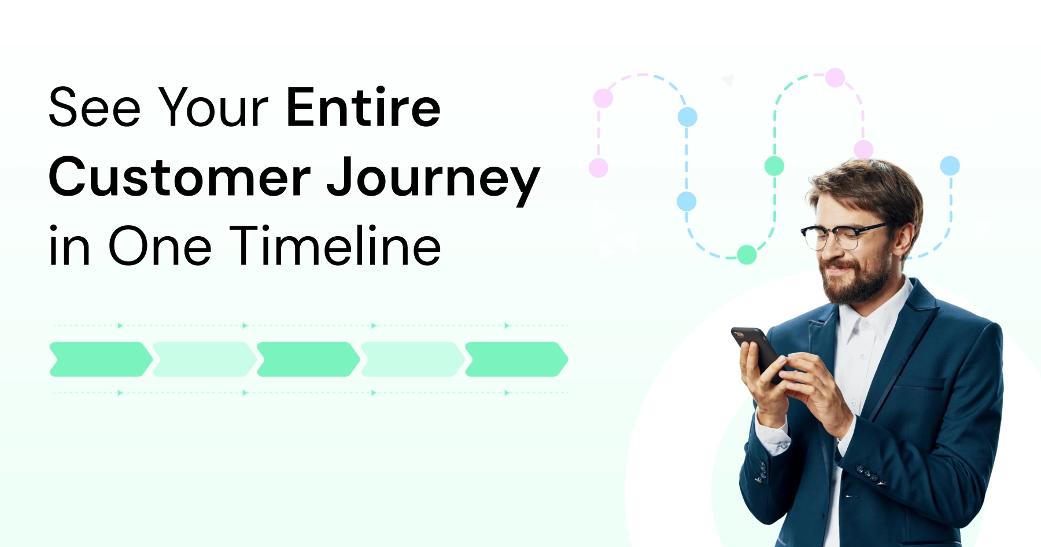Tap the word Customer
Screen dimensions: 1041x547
click(x=180, y=177)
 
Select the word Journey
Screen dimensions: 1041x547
click(x=433, y=180)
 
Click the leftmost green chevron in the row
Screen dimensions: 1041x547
click(x=101, y=359)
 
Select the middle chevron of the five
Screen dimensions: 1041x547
click(x=308, y=359)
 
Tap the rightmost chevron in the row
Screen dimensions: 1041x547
click(x=516, y=359)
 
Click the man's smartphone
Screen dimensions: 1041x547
click(x=757, y=353)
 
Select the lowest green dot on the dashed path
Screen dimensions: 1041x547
click(x=747, y=255)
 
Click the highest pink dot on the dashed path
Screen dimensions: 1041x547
click(x=835, y=78)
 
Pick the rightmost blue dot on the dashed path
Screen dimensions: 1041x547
click(x=950, y=166)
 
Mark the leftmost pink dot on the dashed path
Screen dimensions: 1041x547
click(x=599, y=168)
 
